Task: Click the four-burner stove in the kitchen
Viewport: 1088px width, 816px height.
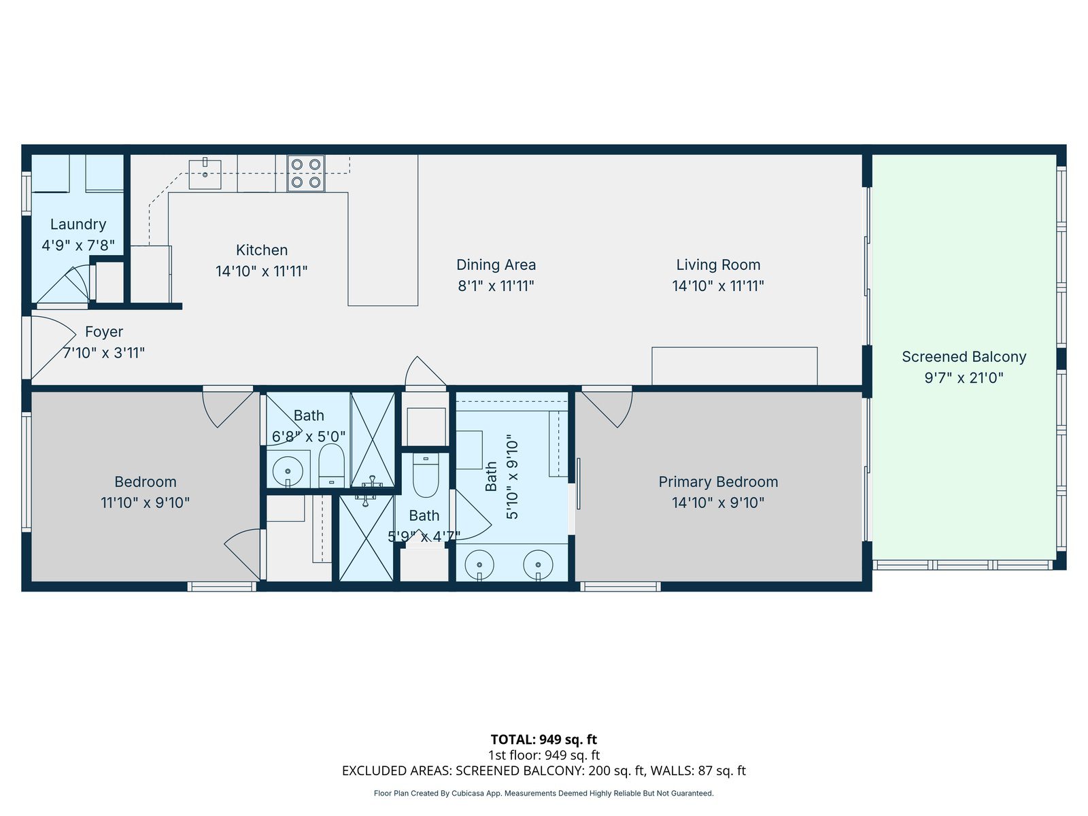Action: (306, 173)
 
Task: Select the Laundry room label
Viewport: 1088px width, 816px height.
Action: (78, 224)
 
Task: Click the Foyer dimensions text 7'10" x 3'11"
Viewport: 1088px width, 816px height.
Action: (103, 353)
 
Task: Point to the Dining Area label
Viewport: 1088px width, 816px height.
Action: (496, 265)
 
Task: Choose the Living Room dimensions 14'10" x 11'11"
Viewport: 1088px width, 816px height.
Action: (718, 286)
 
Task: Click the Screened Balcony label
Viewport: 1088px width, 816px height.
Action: (964, 357)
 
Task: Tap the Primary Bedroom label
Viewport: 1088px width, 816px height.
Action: (718, 481)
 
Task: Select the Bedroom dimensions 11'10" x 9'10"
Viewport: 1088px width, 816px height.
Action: (146, 503)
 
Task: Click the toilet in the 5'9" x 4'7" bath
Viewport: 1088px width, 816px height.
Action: (426, 475)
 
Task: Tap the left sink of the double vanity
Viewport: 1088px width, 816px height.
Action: (479, 565)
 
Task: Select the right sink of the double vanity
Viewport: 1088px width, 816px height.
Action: (539, 565)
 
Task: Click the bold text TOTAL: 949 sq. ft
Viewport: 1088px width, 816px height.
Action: (544, 740)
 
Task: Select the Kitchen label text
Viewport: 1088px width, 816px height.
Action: (262, 250)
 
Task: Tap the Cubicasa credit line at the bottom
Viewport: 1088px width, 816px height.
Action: (544, 793)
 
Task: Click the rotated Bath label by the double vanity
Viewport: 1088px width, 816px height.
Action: (491, 477)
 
